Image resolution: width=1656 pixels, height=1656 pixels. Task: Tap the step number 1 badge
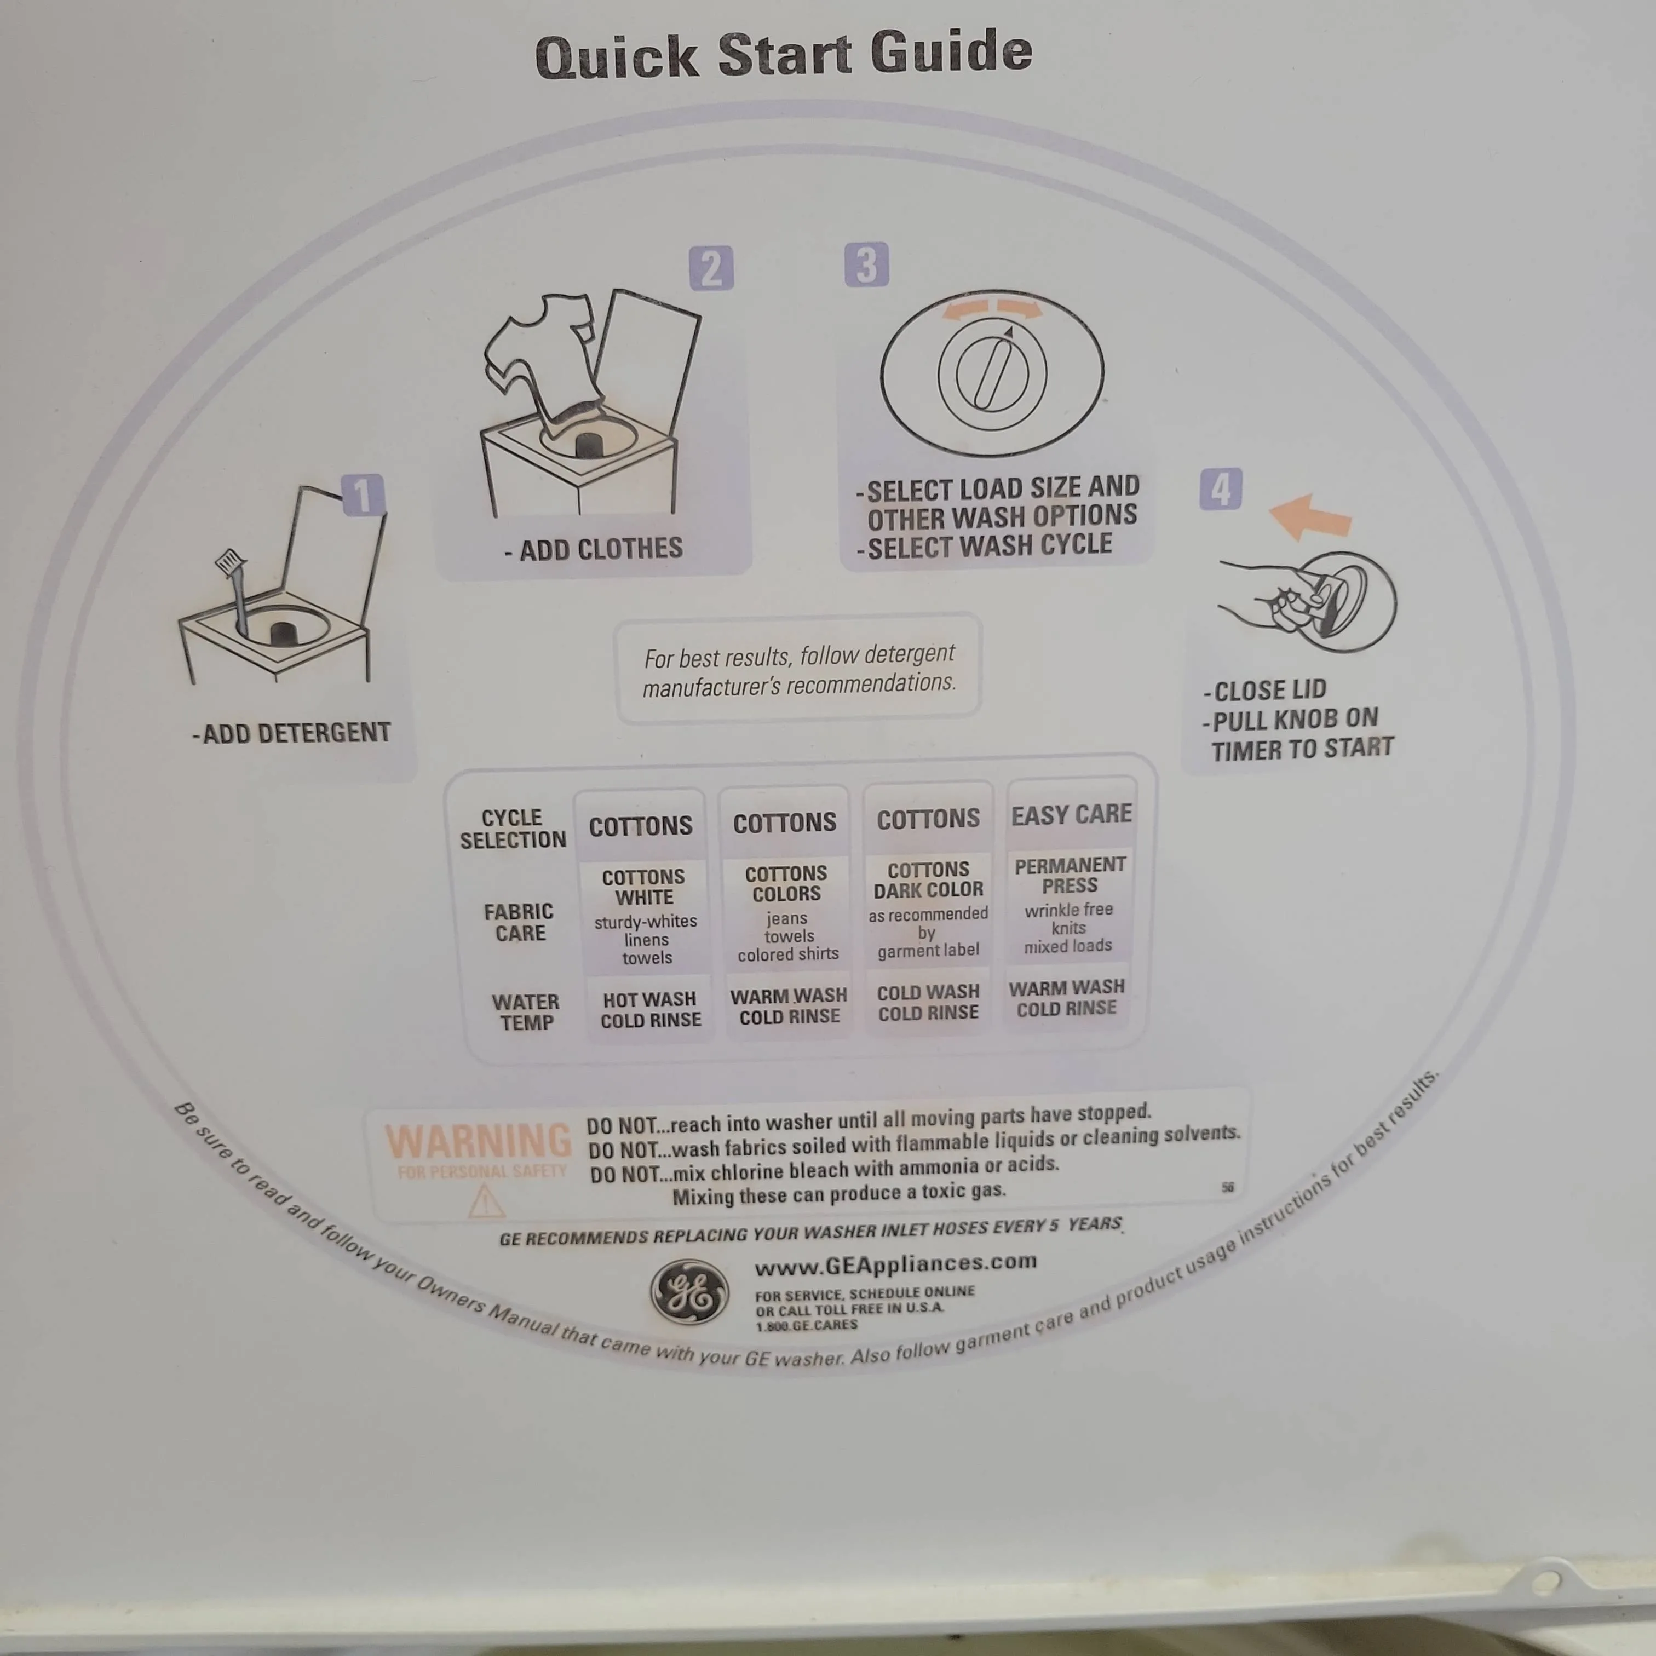363,496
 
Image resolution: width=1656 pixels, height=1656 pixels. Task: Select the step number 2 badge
711,268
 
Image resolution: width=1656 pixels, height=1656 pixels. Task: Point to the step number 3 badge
866,265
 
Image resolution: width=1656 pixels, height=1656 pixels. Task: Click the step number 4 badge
1221,490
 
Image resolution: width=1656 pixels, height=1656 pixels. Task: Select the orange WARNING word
478,1141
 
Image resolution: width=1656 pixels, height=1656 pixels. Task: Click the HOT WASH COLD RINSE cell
651,1010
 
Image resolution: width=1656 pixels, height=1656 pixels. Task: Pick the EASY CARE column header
1072,814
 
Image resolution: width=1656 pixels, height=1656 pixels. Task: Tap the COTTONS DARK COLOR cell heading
928,879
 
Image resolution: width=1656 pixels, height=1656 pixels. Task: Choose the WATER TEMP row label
525,1013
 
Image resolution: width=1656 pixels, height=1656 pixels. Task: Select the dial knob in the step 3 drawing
993,373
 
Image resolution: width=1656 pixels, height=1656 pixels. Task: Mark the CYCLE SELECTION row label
513,829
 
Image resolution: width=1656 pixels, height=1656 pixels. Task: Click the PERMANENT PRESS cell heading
1069,875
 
